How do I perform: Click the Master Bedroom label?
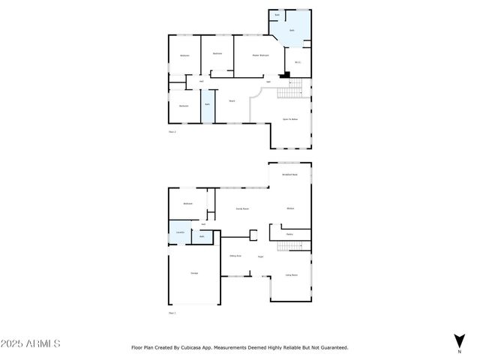(259, 55)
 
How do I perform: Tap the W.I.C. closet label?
(298, 62)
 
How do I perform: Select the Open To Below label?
(290, 119)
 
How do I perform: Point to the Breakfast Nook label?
(290, 174)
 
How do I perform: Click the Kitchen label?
(290, 208)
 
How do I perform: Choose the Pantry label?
(289, 235)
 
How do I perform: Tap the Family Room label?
(242, 208)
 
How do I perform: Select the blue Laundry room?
(180, 232)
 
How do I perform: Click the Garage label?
(194, 272)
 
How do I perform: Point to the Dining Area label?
(235, 256)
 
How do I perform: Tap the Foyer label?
(260, 256)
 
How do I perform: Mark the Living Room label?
(291, 275)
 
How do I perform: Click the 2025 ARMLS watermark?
(31, 343)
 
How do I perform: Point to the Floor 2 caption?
(172, 132)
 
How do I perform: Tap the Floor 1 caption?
(172, 313)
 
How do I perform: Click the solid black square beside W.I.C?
(283, 75)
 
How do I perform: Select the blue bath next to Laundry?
(202, 236)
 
